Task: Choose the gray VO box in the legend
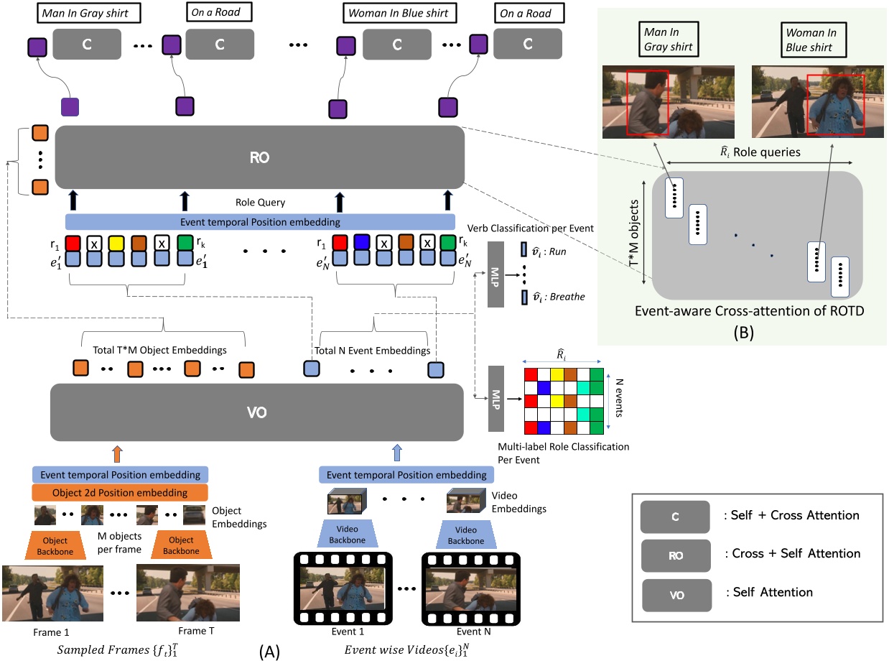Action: click(676, 593)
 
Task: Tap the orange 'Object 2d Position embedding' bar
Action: click(120, 493)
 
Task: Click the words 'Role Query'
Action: click(260, 203)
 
